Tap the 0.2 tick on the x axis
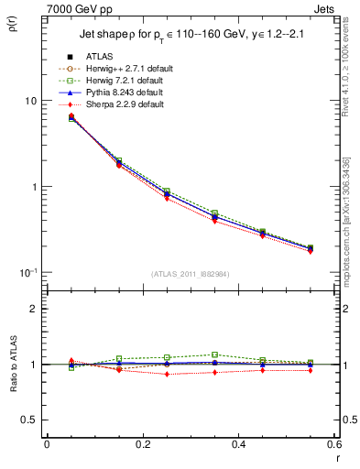coord(142,443)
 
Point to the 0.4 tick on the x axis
coord(237,443)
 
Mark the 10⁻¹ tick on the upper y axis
coord(28,272)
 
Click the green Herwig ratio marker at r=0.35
coord(214,354)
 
